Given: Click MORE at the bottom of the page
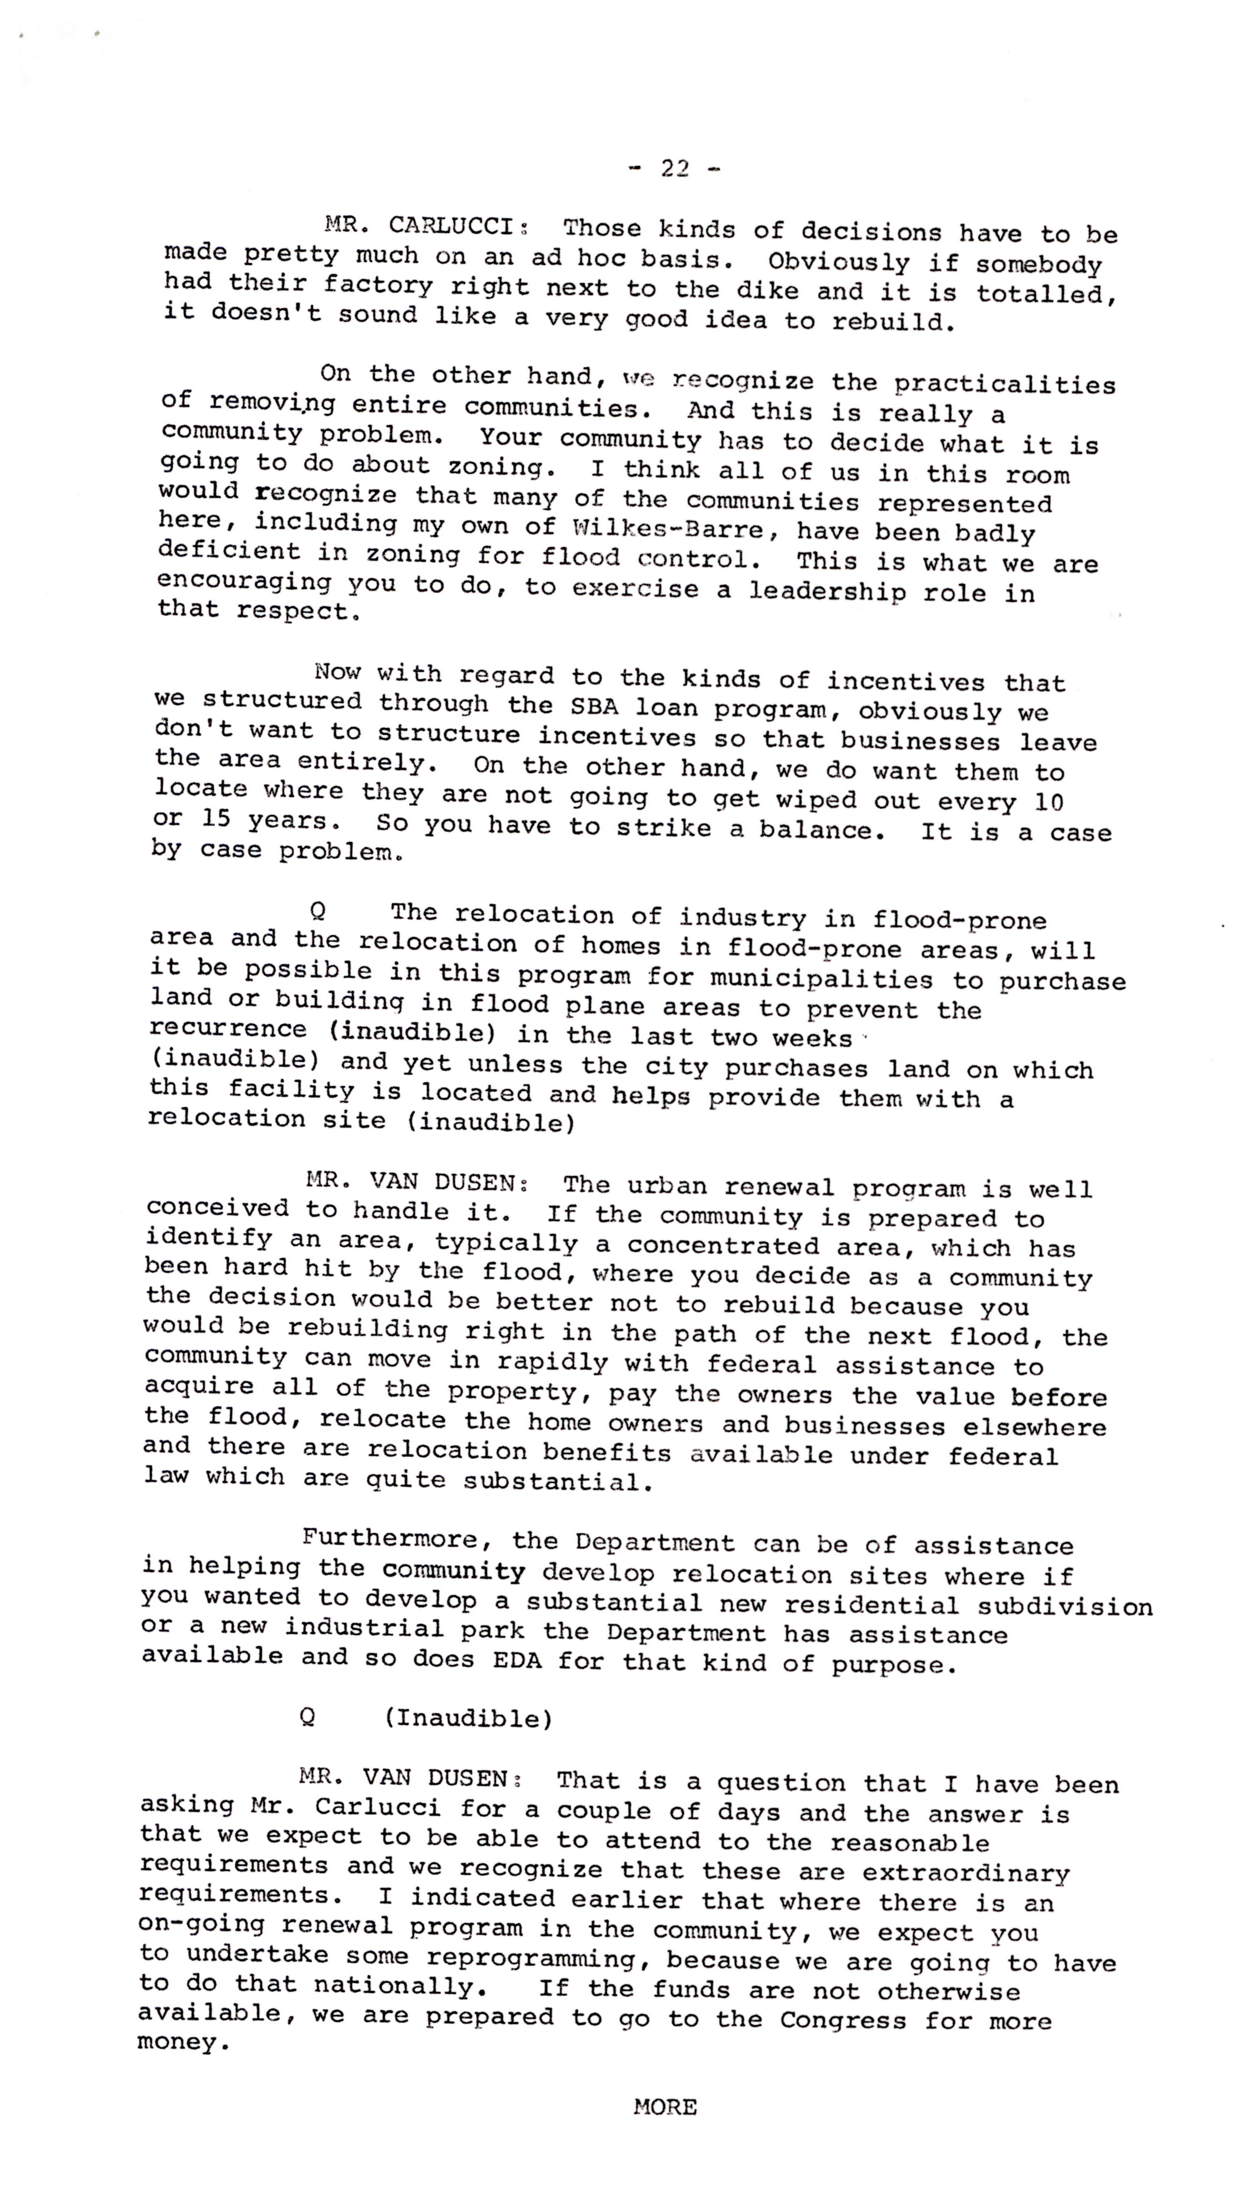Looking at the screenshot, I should (x=665, y=2106).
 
